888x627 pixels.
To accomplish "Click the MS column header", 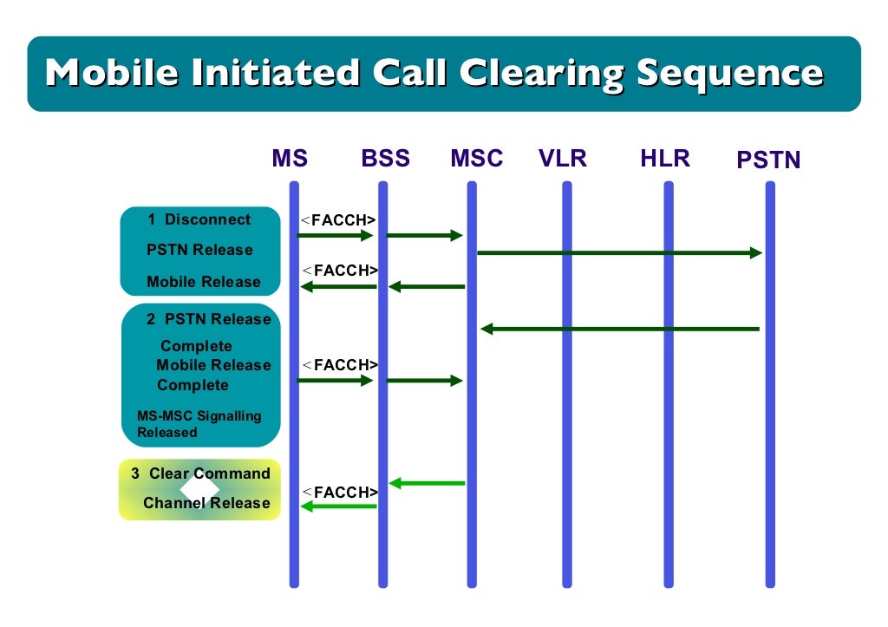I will [290, 159].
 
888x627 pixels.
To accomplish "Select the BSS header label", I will [385, 159].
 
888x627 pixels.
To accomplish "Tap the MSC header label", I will [476, 159].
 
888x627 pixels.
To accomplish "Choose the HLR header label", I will [665, 159].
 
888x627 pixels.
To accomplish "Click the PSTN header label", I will [768, 160].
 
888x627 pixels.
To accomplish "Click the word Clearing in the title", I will [540, 73].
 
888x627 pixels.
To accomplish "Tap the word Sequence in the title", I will [729, 73].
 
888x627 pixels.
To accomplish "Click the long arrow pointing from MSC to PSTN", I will [619, 252].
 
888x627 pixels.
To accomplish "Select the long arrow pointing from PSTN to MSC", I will [619, 329].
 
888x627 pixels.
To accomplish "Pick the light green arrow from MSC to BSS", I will [427, 483].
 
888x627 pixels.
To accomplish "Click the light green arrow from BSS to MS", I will [338, 506].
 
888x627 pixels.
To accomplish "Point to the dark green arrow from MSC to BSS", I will [427, 286].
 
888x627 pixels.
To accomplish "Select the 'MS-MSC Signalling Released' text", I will [199, 424].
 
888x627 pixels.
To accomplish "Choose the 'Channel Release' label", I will [206, 503].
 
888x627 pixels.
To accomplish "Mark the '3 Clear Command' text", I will [200, 474].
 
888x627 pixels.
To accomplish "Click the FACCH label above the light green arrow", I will [339, 492].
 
